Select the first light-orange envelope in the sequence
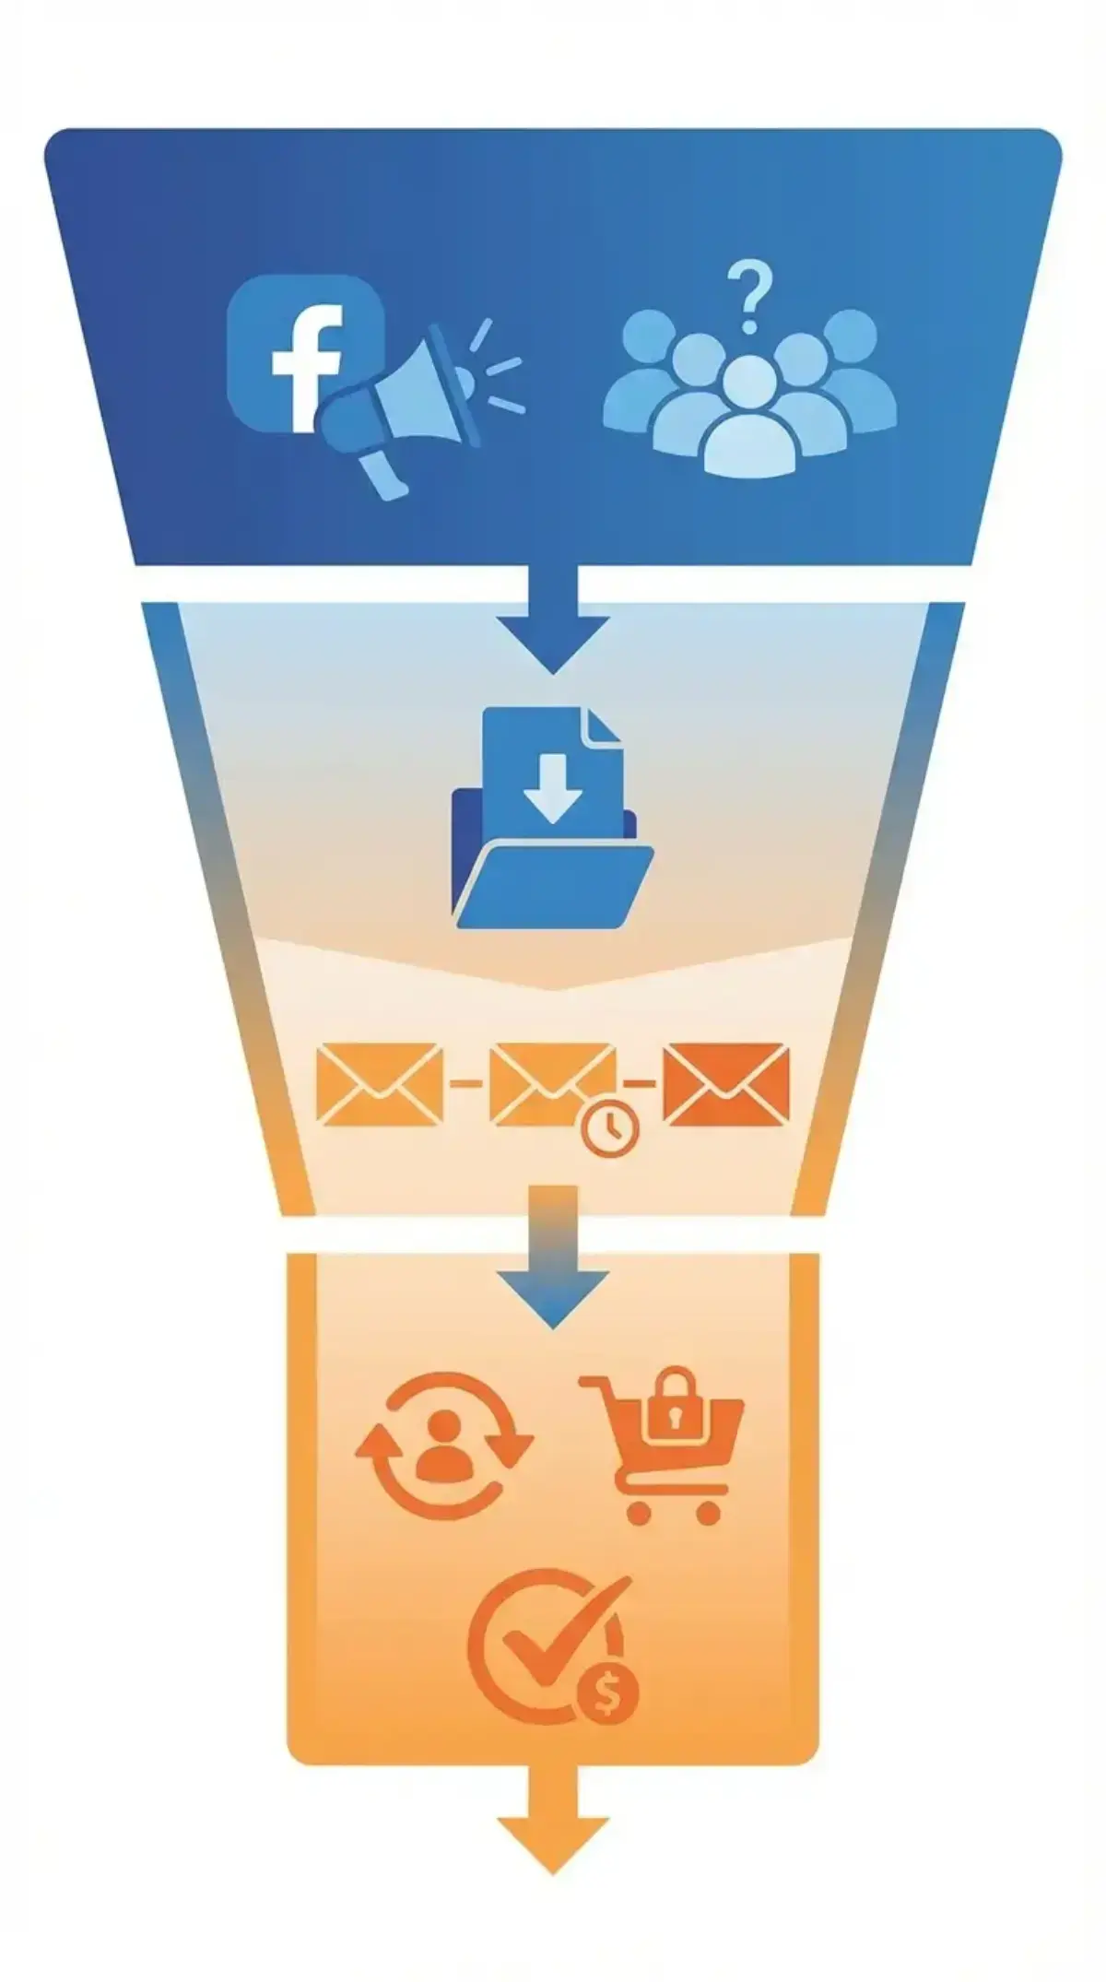379,1083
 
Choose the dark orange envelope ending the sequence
726,1083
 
